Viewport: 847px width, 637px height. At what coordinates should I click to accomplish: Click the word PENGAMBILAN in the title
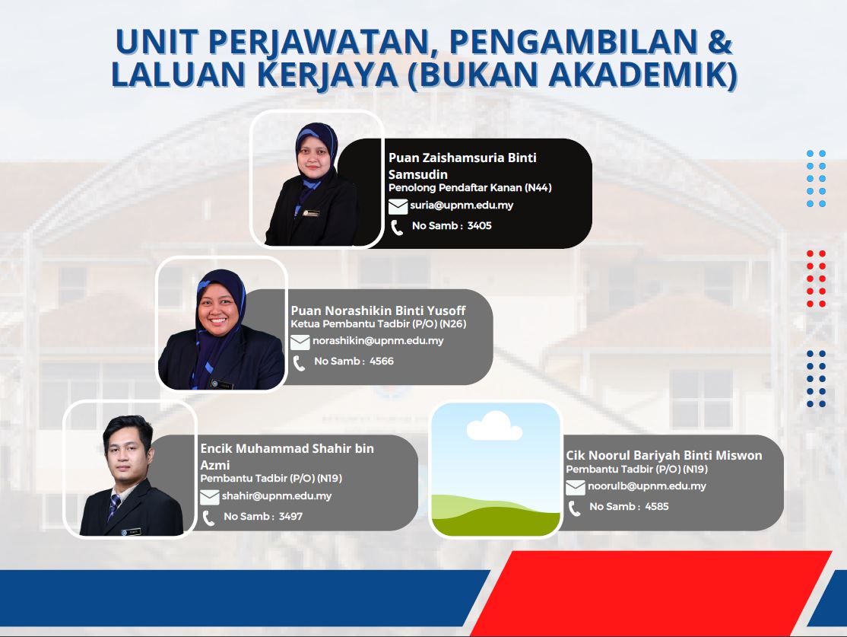click(x=573, y=42)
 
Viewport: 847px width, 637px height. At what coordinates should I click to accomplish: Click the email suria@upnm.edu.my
click(x=462, y=205)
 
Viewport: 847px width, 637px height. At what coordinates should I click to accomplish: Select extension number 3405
click(x=480, y=226)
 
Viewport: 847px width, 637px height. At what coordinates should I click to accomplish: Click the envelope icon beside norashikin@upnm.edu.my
click(x=300, y=342)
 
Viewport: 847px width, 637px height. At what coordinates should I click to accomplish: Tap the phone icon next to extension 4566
click(x=299, y=363)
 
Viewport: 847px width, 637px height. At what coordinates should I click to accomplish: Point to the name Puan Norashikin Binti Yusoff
click(x=378, y=311)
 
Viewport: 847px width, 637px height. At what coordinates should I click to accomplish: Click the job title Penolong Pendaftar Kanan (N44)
click(x=470, y=188)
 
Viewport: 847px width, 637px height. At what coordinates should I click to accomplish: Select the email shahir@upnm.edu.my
click(x=277, y=496)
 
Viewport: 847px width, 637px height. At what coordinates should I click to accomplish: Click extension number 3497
click(x=290, y=517)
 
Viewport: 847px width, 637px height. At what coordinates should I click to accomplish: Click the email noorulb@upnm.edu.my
click(x=646, y=486)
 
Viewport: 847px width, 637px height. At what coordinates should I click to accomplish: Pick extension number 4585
click(x=657, y=507)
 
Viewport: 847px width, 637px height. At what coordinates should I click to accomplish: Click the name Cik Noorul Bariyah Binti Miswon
click(x=664, y=455)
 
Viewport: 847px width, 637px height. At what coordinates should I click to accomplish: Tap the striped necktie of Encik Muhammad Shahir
click(x=114, y=506)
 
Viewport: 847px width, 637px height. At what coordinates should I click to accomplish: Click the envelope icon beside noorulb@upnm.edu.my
click(x=576, y=488)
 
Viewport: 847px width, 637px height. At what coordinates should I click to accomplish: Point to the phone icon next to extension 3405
click(x=396, y=228)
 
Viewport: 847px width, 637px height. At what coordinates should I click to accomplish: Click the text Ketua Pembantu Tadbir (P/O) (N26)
click(x=378, y=324)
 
